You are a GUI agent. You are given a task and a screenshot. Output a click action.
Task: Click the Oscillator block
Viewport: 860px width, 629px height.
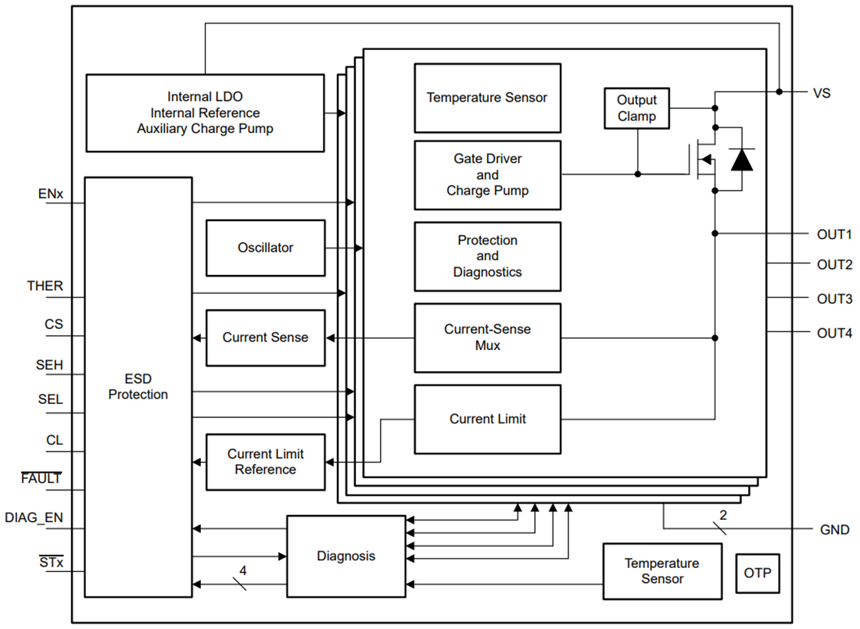click(265, 248)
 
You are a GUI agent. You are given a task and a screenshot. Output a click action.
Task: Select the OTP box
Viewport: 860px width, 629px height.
click(757, 573)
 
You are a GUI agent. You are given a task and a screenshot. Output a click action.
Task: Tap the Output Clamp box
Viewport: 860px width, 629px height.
click(636, 109)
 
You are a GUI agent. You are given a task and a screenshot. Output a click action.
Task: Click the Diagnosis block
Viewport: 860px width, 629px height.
click(346, 556)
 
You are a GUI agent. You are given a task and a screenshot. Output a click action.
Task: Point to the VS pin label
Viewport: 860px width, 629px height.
click(822, 93)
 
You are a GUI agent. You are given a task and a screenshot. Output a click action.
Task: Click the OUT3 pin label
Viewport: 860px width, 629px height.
click(834, 299)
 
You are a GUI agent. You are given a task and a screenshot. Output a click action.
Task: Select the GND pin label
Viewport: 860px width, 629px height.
click(834, 530)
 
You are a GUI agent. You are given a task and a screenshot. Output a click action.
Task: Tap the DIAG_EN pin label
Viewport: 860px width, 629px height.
click(34, 517)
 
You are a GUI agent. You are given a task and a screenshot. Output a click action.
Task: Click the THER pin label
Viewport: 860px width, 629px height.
click(45, 286)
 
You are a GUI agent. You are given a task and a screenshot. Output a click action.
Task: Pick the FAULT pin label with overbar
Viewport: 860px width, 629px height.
click(41, 478)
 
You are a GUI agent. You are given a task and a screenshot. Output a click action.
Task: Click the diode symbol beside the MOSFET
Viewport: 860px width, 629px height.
click(741, 159)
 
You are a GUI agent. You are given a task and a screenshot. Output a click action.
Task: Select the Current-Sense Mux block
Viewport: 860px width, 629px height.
click(487, 338)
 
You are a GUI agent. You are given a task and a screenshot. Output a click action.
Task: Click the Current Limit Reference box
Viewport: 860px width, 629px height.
click(265, 462)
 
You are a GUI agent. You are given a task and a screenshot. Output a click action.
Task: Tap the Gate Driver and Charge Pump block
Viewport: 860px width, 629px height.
click(487, 175)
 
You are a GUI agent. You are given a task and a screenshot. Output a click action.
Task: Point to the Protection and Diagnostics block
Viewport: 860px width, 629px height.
click(487, 256)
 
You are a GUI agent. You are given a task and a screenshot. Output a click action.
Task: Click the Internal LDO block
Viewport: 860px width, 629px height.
click(205, 113)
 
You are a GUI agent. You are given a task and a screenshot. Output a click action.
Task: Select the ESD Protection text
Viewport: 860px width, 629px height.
click(138, 387)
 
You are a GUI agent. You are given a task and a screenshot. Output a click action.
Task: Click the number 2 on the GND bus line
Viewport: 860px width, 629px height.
click(722, 515)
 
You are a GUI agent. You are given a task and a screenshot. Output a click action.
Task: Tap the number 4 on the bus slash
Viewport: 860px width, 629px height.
click(242, 571)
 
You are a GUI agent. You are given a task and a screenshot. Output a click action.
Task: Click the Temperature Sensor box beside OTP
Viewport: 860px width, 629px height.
click(661, 571)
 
